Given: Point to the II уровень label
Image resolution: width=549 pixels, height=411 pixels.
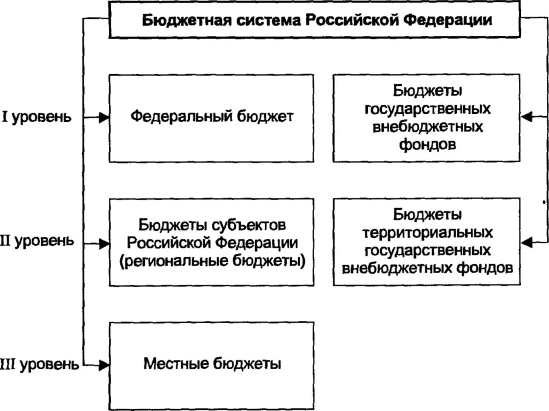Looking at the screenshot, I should click(36, 241).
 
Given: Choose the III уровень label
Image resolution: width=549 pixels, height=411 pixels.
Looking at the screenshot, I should click(39, 365).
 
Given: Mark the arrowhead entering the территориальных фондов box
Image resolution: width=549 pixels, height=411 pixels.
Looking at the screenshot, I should click(528, 242).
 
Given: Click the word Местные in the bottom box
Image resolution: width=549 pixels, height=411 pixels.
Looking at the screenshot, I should click(174, 364).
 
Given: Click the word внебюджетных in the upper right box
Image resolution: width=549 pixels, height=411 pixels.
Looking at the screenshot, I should click(427, 127).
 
